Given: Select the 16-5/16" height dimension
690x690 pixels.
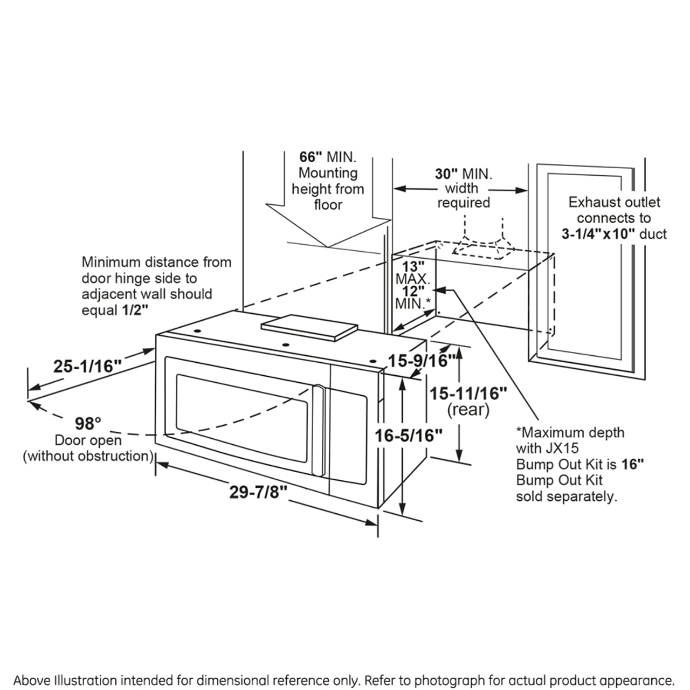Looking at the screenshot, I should tap(409, 435).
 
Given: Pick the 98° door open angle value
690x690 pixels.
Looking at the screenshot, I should tap(88, 423).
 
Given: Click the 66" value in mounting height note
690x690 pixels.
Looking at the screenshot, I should tap(310, 157).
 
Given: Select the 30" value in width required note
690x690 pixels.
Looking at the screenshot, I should tap(446, 174).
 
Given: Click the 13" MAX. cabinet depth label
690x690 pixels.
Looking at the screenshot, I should tap(413, 272).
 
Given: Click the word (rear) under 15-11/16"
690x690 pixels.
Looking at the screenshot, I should tap(468, 410).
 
